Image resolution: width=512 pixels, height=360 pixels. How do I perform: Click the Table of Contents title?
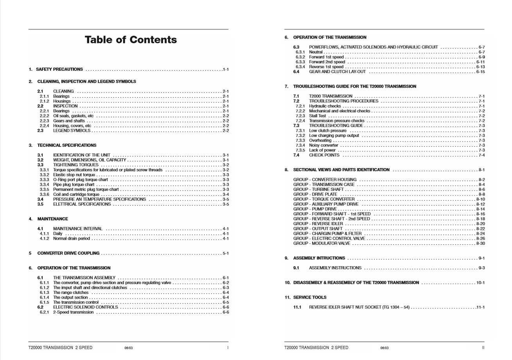click(x=131, y=40)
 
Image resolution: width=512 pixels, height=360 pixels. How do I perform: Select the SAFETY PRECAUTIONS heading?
click(x=59, y=69)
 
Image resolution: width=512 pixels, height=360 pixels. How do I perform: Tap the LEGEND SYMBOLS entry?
click(x=72, y=131)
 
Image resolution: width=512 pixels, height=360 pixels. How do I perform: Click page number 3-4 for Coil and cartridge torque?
click(x=226, y=194)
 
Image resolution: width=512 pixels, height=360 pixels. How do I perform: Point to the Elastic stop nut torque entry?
click(x=74, y=175)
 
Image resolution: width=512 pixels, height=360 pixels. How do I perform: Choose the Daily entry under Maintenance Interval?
click(x=57, y=234)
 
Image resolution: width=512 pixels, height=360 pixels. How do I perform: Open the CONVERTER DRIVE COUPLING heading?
click(x=68, y=253)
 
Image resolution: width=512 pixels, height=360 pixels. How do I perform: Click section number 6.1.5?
click(x=44, y=302)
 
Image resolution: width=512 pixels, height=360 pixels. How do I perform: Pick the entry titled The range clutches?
click(x=71, y=292)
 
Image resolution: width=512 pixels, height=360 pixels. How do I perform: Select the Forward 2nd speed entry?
click(x=327, y=62)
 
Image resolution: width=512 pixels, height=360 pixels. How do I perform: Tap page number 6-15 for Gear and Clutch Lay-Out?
click(x=480, y=72)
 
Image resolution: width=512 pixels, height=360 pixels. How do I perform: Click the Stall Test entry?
click(x=317, y=116)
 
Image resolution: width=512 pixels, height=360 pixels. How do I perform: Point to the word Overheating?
click(x=320, y=140)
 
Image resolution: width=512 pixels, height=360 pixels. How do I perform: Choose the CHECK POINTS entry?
click(x=324, y=155)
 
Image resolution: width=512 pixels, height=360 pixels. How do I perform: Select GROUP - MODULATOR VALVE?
click(x=322, y=244)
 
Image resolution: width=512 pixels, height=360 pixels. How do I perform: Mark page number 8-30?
click(x=480, y=244)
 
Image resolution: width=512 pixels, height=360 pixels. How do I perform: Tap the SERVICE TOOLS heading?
click(x=310, y=297)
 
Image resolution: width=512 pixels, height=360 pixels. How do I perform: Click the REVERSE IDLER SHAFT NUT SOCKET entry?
click(x=359, y=307)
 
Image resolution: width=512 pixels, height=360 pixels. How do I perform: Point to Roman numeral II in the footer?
click(x=483, y=347)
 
